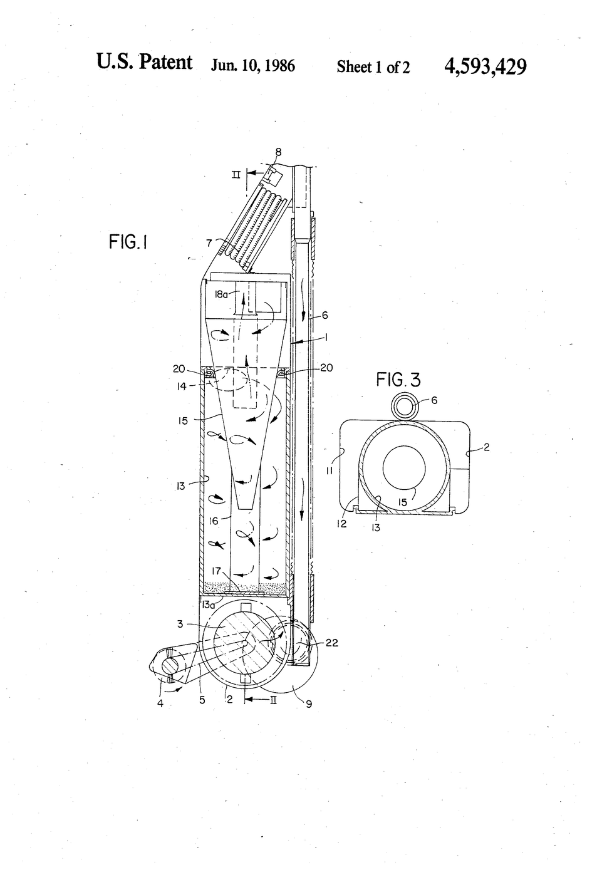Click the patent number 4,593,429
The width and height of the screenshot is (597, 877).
click(x=485, y=66)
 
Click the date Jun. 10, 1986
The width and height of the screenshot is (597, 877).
click(x=253, y=66)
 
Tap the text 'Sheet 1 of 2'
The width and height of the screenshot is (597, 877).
click(x=373, y=67)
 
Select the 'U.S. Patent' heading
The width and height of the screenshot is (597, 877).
click(x=145, y=62)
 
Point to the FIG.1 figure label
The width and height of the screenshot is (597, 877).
click(x=128, y=242)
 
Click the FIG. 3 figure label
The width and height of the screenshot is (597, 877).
click(x=398, y=380)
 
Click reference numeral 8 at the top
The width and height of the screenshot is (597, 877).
click(x=278, y=152)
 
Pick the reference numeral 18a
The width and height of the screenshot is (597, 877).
click(x=221, y=294)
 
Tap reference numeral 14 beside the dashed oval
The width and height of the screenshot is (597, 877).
click(x=181, y=387)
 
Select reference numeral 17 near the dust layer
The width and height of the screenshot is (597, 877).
click(x=217, y=571)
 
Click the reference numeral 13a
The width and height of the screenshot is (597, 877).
click(x=208, y=604)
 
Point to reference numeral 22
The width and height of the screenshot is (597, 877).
click(x=331, y=643)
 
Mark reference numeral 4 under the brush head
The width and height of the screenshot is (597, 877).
click(x=160, y=703)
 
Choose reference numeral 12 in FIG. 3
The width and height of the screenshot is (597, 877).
click(x=342, y=524)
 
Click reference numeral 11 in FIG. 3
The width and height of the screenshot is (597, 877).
click(x=330, y=471)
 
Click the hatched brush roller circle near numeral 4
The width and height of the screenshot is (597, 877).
click(x=172, y=666)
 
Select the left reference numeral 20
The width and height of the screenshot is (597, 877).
click(x=179, y=368)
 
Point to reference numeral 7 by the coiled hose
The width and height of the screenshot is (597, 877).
click(x=209, y=243)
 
